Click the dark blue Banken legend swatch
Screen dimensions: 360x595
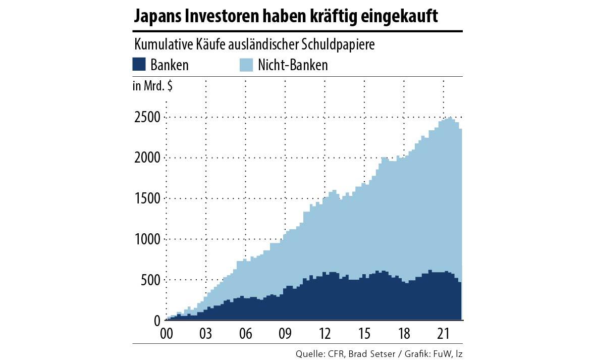tap(139, 65)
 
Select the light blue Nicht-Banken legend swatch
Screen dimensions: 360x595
tap(245, 65)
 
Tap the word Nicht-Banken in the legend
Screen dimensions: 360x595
tap(293, 65)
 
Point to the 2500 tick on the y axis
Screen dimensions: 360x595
tap(147, 118)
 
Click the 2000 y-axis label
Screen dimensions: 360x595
tap(147, 158)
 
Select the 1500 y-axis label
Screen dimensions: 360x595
tap(147, 198)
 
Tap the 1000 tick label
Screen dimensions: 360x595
tap(147, 239)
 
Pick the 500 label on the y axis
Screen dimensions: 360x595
tap(150, 280)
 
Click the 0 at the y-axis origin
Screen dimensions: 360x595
tap(157, 321)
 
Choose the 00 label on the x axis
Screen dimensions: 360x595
tap(167, 334)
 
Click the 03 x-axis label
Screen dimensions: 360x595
tap(206, 334)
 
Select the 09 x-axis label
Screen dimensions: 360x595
tap(285, 334)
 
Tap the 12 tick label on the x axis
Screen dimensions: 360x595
tap(324, 334)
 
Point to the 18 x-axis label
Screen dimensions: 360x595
tap(404, 334)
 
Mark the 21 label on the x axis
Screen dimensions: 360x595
tap(443, 334)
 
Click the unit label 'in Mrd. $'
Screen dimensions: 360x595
tap(152, 86)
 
